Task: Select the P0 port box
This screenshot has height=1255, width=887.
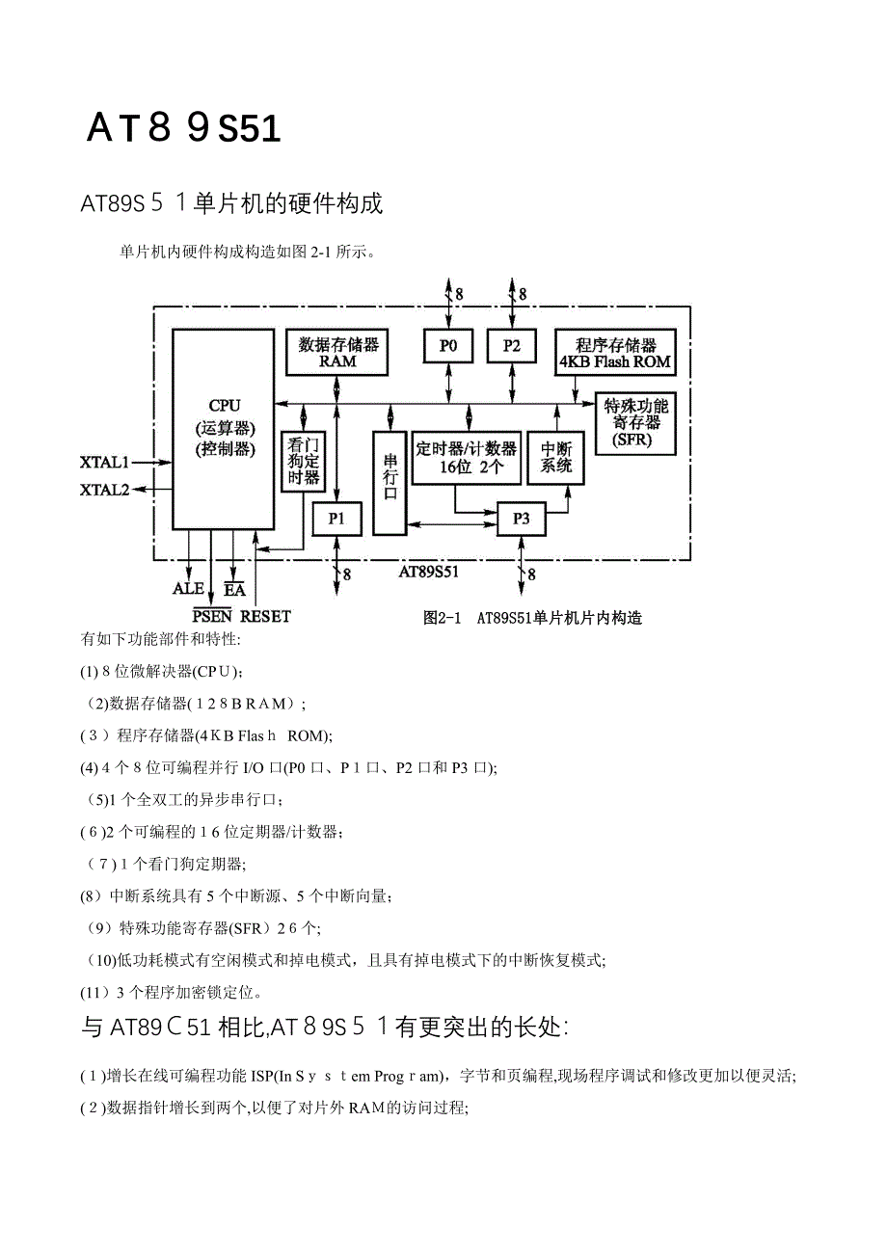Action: (x=448, y=346)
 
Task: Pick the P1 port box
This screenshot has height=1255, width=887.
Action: (x=336, y=519)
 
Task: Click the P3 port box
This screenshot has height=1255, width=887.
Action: (x=521, y=519)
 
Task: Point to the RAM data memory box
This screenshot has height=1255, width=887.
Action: (x=337, y=353)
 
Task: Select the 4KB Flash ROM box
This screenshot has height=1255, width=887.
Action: (x=615, y=353)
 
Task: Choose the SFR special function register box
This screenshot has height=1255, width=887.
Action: (x=635, y=423)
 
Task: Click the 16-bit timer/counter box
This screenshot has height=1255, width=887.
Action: (x=467, y=457)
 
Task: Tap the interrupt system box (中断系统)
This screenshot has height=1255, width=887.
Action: (x=556, y=457)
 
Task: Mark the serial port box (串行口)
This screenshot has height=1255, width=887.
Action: (x=390, y=482)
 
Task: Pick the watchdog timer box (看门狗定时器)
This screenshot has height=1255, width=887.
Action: (x=304, y=462)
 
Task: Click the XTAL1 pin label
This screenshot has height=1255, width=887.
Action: (x=104, y=462)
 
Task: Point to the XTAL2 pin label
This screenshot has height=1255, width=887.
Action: (x=104, y=490)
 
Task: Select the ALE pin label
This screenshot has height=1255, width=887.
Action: (x=188, y=588)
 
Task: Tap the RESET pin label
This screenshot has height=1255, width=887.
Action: (x=265, y=616)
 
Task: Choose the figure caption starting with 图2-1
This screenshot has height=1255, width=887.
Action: (x=532, y=618)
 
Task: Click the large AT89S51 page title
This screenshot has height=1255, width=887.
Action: (x=183, y=128)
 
